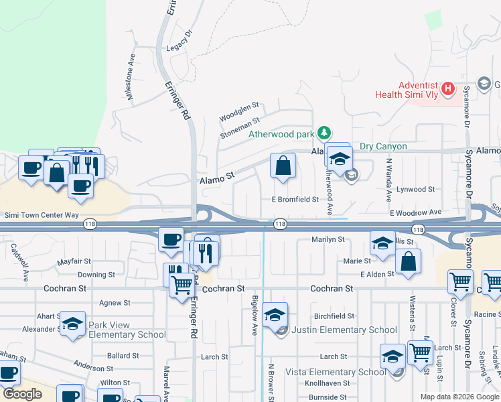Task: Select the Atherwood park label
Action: [x=281, y=134]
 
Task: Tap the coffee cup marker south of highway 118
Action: [x=171, y=239]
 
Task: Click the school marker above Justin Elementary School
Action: [x=275, y=314]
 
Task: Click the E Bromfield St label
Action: [x=295, y=200]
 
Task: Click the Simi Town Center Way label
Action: [x=42, y=216]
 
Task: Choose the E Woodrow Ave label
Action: [x=417, y=212]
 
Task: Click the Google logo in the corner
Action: [x=23, y=395]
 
